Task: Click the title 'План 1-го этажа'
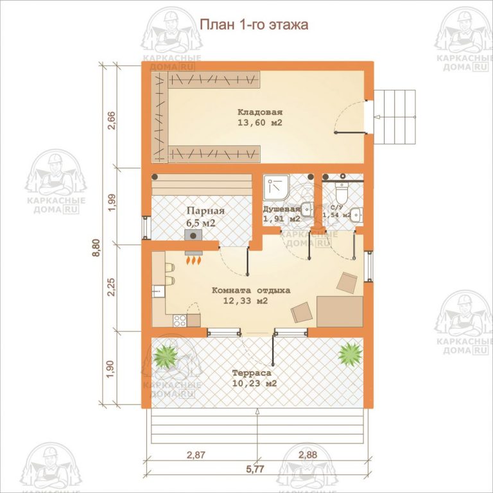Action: pyautogui.click(x=255, y=25)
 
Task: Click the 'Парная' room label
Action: pyautogui.click(x=205, y=211)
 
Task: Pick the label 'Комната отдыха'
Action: pyautogui.click(x=250, y=290)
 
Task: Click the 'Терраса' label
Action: pyautogui.click(x=252, y=372)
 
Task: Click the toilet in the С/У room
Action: pyautogui.click(x=342, y=190)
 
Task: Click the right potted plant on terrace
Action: pyautogui.click(x=350, y=352)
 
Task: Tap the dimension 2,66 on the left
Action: pyautogui.click(x=111, y=121)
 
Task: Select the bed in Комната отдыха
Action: pyautogui.click(x=340, y=311)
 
